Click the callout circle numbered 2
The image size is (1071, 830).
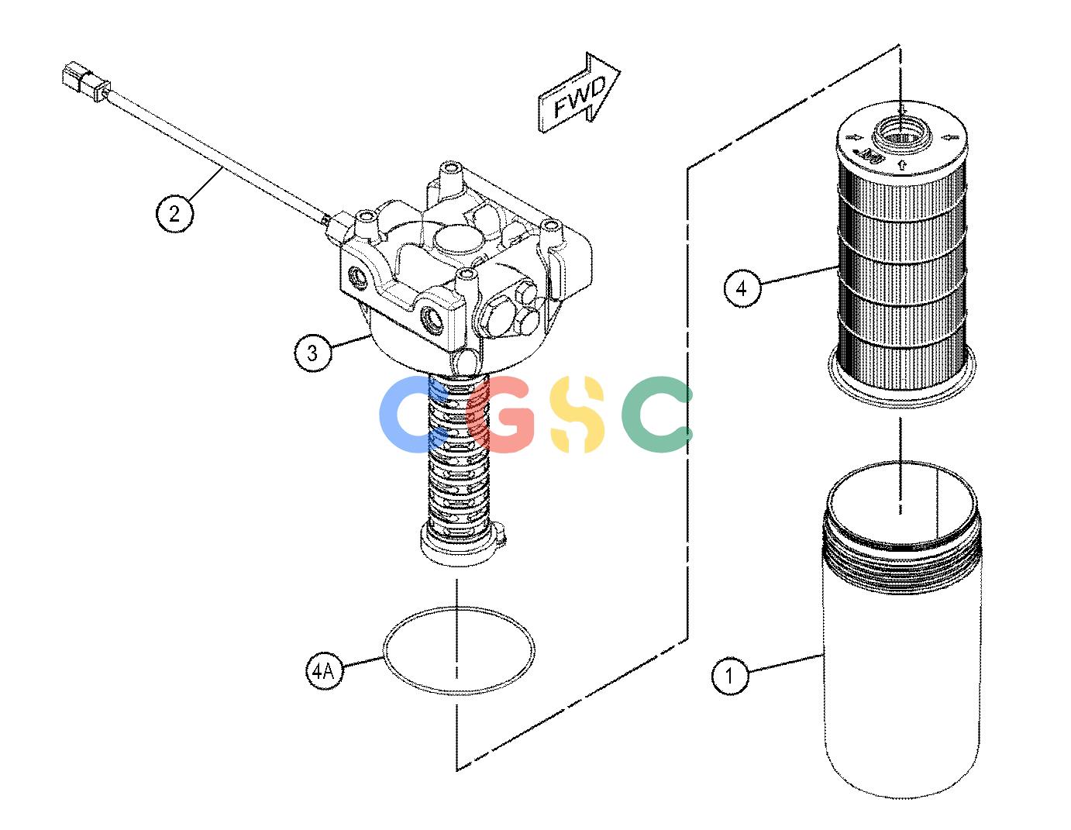(174, 214)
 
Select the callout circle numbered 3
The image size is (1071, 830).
(312, 353)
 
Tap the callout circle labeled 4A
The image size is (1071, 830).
(324, 670)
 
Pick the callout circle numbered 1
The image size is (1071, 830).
(730, 675)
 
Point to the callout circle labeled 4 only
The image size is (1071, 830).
(742, 289)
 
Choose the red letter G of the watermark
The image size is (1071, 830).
(501, 414)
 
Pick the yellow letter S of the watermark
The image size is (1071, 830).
(577, 414)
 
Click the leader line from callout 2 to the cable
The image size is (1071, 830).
(203, 184)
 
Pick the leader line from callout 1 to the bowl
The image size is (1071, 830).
(786, 662)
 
